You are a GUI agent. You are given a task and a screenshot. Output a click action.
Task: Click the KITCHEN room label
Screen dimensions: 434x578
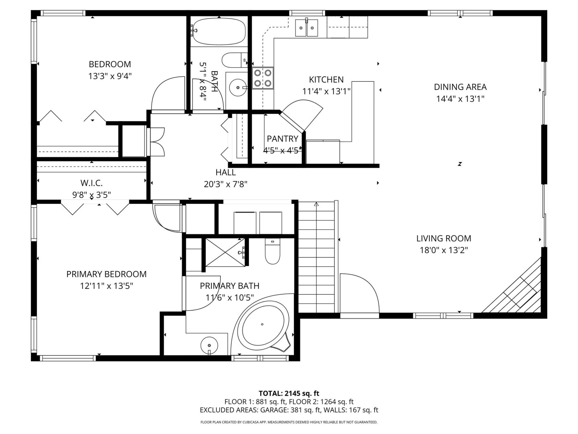(x=326, y=80)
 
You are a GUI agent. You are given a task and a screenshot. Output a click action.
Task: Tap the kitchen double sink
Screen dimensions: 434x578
(x=306, y=28)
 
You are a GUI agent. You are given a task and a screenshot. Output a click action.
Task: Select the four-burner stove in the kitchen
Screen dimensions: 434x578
(x=263, y=78)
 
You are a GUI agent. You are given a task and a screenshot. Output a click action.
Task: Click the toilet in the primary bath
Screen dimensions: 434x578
(x=272, y=251)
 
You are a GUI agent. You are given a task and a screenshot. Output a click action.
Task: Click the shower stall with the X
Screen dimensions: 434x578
(x=225, y=253)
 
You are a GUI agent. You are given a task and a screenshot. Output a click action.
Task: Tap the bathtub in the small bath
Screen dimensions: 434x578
(x=219, y=31)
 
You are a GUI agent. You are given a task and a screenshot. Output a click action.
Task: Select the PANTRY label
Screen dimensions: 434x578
(x=282, y=139)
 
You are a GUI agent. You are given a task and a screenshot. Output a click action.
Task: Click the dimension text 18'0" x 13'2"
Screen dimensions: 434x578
(x=444, y=250)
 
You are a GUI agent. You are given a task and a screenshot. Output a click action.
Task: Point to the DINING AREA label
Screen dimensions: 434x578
(x=460, y=87)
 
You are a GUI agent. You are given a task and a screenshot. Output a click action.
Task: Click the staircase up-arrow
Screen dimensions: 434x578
(x=316, y=205)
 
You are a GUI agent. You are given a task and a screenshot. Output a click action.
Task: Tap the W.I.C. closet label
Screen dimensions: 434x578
(x=92, y=183)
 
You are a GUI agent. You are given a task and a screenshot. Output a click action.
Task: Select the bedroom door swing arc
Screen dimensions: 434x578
(x=167, y=93)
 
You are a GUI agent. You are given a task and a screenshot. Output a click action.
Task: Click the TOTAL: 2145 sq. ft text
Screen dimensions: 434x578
(x=289, y=393)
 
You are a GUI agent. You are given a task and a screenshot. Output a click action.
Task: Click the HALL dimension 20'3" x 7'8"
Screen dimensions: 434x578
(x=225, y=184)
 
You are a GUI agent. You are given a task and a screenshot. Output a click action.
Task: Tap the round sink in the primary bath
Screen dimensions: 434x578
(x=209, y=345)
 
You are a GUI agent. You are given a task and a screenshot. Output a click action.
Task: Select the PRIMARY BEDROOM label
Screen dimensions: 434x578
(x=106, y=274)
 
